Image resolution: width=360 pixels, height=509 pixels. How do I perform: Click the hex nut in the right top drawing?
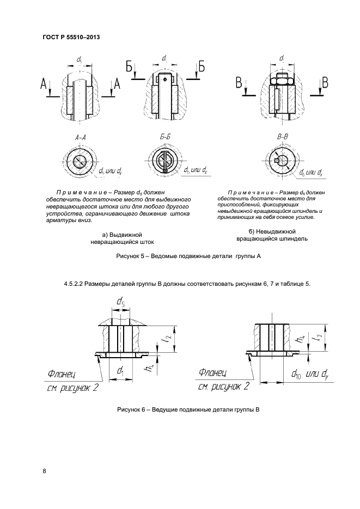[282, 82]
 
